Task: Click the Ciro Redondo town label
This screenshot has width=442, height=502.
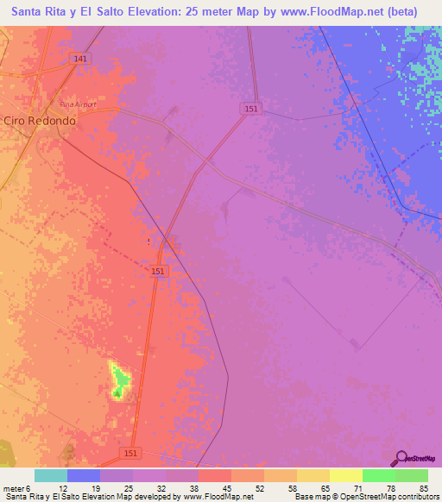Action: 39,122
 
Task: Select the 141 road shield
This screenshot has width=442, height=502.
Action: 80,59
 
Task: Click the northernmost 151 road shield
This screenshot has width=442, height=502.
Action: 249,109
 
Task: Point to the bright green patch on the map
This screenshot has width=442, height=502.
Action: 122,379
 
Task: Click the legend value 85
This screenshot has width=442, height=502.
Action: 423,488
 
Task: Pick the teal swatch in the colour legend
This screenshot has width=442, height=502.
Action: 51,475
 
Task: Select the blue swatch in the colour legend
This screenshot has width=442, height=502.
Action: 84,475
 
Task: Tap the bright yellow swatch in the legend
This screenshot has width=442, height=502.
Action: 345,475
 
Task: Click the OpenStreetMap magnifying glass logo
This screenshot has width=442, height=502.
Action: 401,459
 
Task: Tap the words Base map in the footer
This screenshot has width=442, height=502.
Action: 313,497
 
